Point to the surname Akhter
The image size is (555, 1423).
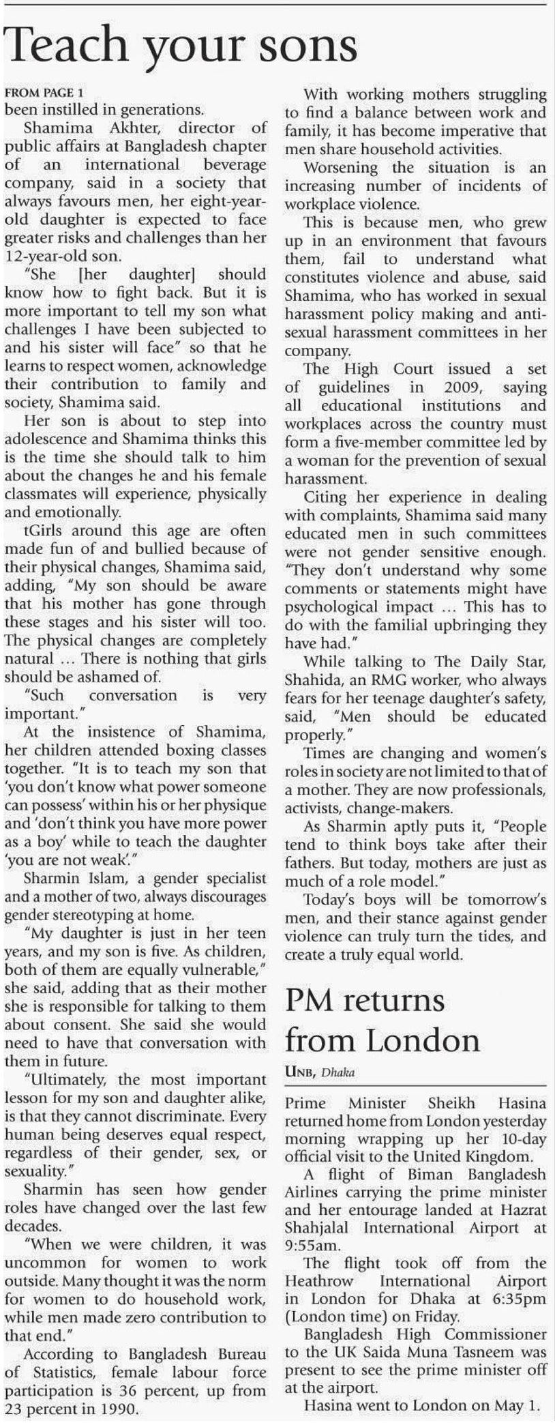tap(138, 128)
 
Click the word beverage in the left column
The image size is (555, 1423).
tap(235, 164)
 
